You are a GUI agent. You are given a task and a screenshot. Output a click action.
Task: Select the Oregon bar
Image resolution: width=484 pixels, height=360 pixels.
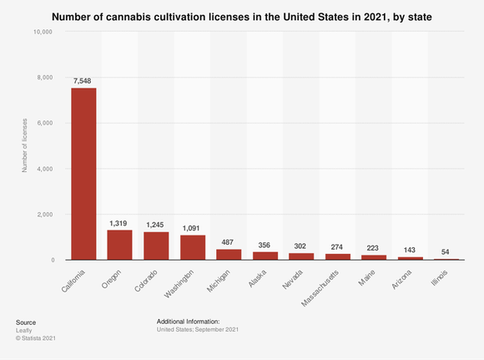(120, 245)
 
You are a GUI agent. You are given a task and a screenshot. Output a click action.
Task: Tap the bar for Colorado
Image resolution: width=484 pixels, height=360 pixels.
(156, 246)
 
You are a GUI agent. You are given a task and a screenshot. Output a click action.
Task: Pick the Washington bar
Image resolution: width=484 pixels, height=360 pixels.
(193, 247)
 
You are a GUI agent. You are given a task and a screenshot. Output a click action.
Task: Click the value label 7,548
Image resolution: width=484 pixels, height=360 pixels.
(83, 80)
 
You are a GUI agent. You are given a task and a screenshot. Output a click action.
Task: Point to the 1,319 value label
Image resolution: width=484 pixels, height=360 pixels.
(120, 223)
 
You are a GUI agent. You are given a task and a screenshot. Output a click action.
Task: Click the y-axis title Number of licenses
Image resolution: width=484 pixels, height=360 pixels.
(23, 146)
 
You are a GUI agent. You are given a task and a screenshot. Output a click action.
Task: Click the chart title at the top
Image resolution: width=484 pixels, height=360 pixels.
(241, 15)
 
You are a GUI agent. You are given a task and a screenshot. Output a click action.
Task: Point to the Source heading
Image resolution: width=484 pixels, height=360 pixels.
(26, 321)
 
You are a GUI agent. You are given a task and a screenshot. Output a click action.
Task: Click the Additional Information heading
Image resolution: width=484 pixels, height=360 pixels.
(188, 321)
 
